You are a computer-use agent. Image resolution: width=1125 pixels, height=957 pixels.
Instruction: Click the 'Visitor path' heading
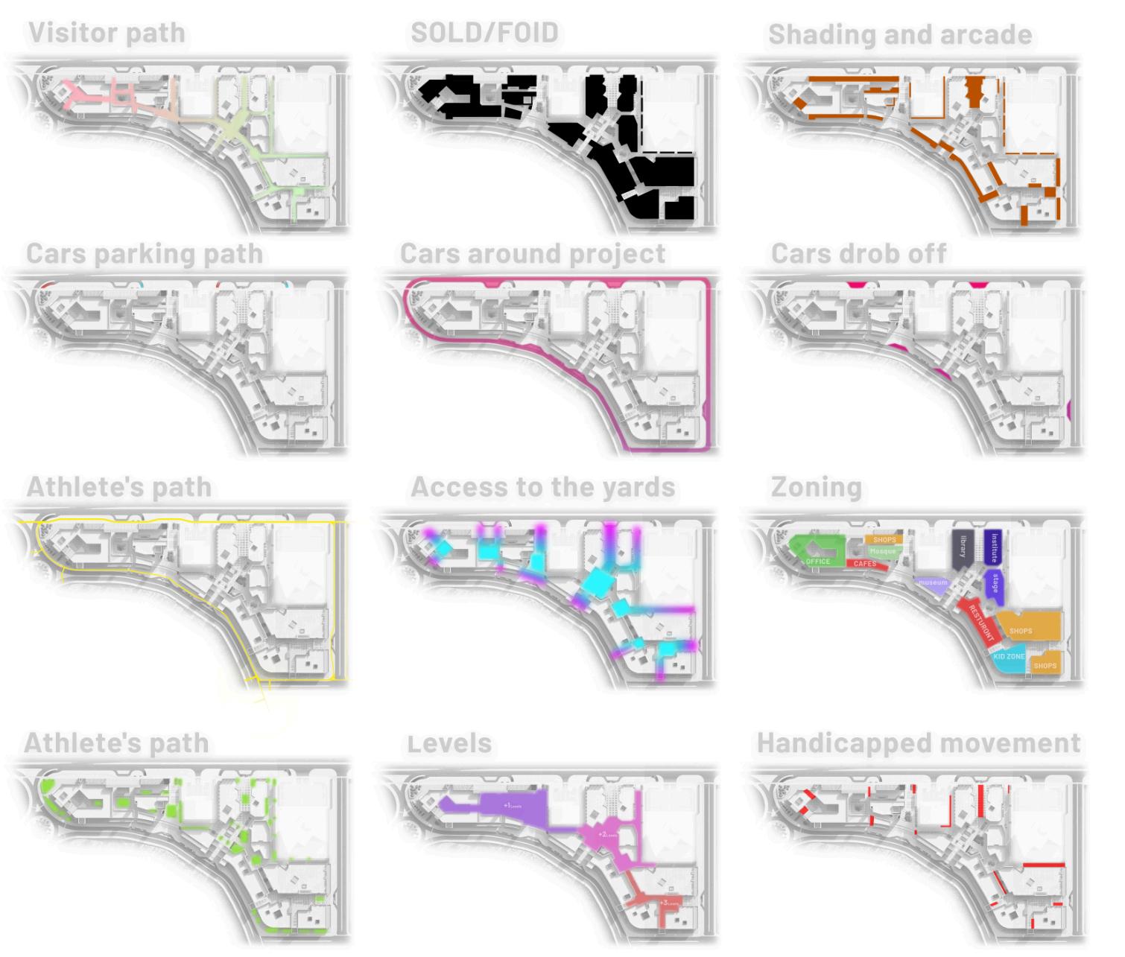(x=107, y=34)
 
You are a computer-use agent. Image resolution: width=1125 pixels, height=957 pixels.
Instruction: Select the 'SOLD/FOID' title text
(x=484, y=34)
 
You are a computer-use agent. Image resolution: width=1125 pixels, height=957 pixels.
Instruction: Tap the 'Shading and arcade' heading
(x=900, y=35)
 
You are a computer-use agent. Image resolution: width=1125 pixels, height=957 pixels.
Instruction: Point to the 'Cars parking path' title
(x=145, y=254)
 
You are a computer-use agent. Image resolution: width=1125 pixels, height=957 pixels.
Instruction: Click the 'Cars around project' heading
(x=533, y=254)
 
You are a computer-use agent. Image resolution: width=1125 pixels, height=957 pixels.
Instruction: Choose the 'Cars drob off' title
(x=858, y=254)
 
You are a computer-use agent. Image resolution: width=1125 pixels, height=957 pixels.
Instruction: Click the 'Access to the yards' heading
(x=542, y=487)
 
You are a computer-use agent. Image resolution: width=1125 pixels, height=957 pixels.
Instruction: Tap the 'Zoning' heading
(x=816, y=487)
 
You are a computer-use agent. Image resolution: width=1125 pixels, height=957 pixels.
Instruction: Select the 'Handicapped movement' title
(x=918, y=743)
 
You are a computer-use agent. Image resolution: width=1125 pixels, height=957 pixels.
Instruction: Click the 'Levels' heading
(x=450, y=743)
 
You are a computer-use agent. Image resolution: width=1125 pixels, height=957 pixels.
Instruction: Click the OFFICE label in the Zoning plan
(x=817, y=562)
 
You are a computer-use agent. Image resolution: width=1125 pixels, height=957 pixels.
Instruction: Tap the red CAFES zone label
(x=865, y=565)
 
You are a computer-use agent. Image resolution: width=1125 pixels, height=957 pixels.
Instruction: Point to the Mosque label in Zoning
(x=883, y=552)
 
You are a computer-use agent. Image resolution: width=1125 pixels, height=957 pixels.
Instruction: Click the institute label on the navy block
(x=994, y=547)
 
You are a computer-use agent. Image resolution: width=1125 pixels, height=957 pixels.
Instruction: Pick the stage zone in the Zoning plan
(x=995, y=584)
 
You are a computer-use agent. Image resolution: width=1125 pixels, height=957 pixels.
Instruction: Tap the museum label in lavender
(x=932, y=582)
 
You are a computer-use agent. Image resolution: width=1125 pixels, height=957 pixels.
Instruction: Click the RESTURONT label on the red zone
(x=980, y=623)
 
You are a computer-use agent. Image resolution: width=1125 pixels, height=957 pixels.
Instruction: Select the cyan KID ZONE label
(x=1009, y=657)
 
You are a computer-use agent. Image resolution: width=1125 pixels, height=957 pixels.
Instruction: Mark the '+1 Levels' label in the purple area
(x=513, y=806)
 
